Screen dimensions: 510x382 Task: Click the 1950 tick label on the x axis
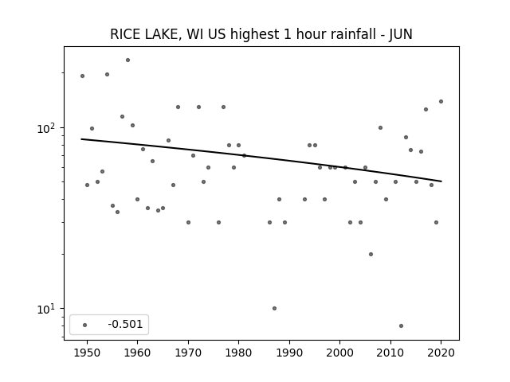(x=87, y=353)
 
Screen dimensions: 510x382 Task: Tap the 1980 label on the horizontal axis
(x=238, y=353)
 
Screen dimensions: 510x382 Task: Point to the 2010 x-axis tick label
(x=390, y=353)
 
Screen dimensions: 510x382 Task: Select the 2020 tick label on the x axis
(x=441, y=353)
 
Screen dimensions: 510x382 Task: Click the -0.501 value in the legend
(x=125, y=324)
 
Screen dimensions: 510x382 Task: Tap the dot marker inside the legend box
(x=85, y=325)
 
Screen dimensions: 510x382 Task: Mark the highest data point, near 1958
(x=127, y=60)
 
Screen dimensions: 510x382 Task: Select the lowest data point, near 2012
(x=401, y=325)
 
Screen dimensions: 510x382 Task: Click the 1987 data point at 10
(x=274, y=308)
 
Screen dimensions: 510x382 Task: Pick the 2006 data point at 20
(x=371, y=255)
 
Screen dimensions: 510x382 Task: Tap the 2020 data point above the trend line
(x=441, y=101)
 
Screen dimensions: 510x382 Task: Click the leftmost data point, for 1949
(x=82, y=76)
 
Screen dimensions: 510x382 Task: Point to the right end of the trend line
(x=441, y=181)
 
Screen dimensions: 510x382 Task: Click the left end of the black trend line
(x=81, y=139)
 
